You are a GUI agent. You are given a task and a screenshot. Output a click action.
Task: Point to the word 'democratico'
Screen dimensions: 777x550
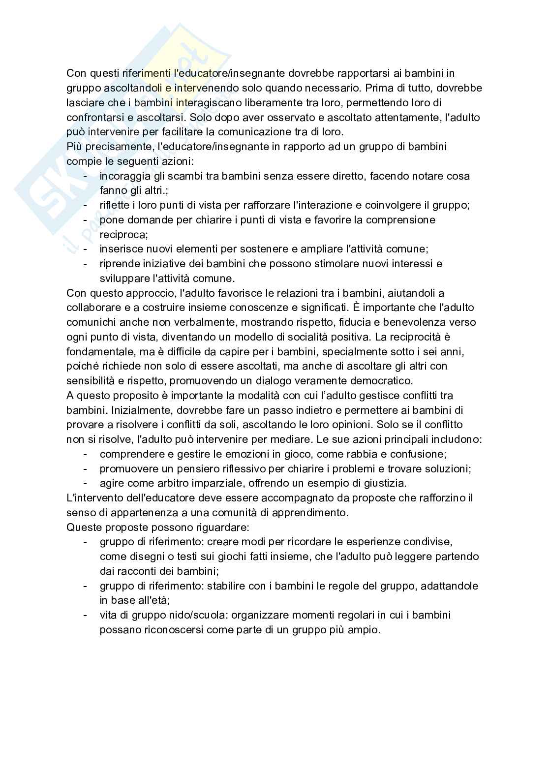click(384, 381)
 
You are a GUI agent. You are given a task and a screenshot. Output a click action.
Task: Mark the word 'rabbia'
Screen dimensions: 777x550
click(361, 454)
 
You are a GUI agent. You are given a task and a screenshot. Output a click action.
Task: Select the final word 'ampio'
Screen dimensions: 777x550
click(367, 630)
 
